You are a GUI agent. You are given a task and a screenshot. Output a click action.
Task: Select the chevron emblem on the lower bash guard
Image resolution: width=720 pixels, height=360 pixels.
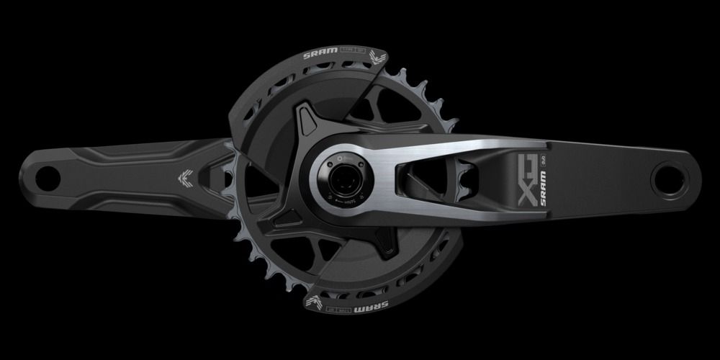pyautogui.click(x=317, y=300)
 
